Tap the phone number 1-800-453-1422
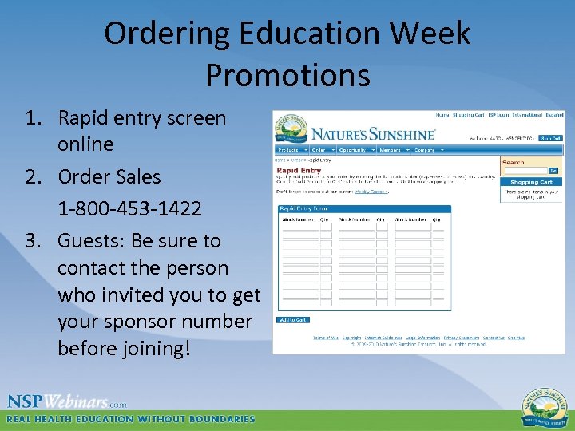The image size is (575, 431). point(129,209)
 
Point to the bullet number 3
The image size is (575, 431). point(33,241)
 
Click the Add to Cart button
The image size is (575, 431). point(292,320)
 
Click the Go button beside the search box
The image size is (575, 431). point(553,171)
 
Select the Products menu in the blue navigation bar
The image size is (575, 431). point(290,150)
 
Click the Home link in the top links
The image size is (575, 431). point(442,115)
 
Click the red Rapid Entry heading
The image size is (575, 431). point(299,170)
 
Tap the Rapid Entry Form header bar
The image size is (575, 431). point(363,209)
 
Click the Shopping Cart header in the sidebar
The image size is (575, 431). point(531,182)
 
